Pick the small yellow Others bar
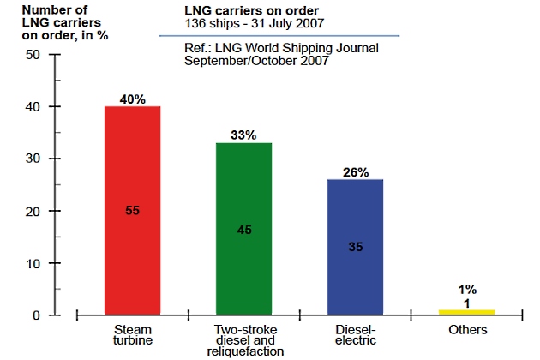(x=466, y=312)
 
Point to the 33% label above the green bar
(x=243, y=135)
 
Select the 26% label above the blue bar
(x=355, y=171)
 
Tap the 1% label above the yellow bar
(x=467, y=289)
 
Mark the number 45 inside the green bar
(x=243, y=229)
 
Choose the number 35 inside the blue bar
(x=355, y=246)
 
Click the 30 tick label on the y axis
(x=33, y=159)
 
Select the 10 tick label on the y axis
(x=33, y=263)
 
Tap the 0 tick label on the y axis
(x=37, y=315)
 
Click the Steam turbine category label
(x=132, y=335)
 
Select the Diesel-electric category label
(x=355, y=335)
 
